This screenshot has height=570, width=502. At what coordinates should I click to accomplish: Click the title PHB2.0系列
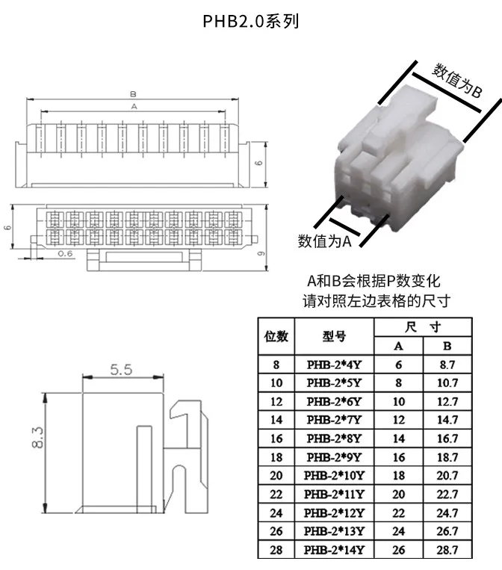click(251, 21)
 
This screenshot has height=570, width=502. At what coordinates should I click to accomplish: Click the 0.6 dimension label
click(65, 254)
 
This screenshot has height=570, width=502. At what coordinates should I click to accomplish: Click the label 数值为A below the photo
click(325, 241)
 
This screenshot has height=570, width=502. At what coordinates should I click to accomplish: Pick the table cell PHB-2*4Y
click(334, 365)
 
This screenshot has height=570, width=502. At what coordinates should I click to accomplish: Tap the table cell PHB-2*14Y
click(334, 551)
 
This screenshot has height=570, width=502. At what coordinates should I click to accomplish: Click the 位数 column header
click(276, 336)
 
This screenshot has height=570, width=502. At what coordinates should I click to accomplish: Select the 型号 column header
click(334, 336)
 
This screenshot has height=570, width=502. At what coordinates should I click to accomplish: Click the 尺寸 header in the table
click(423, 327)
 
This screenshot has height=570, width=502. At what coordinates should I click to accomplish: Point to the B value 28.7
click(447, 551)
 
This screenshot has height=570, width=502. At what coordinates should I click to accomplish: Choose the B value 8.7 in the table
click(447, 365)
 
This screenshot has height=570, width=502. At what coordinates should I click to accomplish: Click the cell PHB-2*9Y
click(334, 457)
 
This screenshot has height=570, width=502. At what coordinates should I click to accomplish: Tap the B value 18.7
click(447, 457)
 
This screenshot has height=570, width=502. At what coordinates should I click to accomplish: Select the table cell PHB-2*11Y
click(334, 495)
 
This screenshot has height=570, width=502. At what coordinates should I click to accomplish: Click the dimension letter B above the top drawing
click(132, 95)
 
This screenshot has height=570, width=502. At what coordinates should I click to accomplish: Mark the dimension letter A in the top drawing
click(134, 108)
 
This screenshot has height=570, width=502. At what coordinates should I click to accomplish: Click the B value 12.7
click(447, 402)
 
